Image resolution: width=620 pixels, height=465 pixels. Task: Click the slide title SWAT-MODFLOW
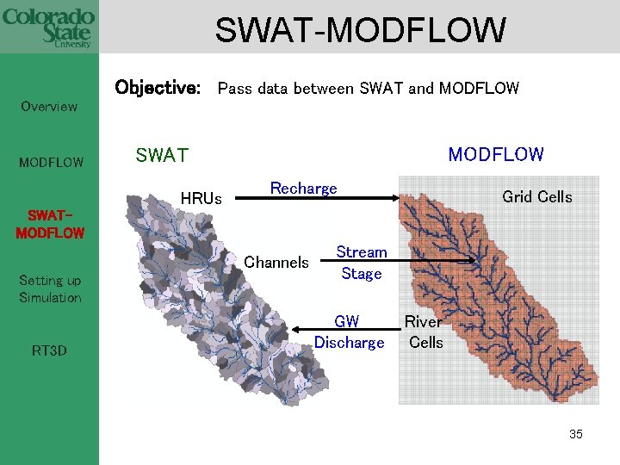tap(360, 31)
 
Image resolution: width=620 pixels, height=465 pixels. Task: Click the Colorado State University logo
tap(48, 28)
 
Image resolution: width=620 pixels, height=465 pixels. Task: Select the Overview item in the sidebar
tap(49, 107)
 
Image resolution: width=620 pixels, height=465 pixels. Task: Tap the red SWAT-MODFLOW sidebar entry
tap(50, 224)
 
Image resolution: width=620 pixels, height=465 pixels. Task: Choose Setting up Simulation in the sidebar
tap(50, 288)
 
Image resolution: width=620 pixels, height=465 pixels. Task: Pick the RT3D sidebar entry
tap(49, 350)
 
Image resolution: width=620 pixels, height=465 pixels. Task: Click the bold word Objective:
tap(158, 88)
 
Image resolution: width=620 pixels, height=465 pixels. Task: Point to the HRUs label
tap(201, 199)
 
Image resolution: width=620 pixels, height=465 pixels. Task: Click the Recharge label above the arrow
tap(303, 188)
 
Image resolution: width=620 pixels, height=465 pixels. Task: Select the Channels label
tap(276, 262)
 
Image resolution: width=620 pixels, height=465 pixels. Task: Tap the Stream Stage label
tap(362, 263)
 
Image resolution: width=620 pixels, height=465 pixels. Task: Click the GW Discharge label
tap(348, 332)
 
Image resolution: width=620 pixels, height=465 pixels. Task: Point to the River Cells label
tap(425, 332)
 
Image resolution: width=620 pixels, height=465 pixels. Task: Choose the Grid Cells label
tap(536, 197)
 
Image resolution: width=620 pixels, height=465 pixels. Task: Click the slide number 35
tap(575, 434)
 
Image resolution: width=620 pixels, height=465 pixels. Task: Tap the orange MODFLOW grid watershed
tap(482, 284)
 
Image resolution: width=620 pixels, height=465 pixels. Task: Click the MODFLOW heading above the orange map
tap(495, 155)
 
